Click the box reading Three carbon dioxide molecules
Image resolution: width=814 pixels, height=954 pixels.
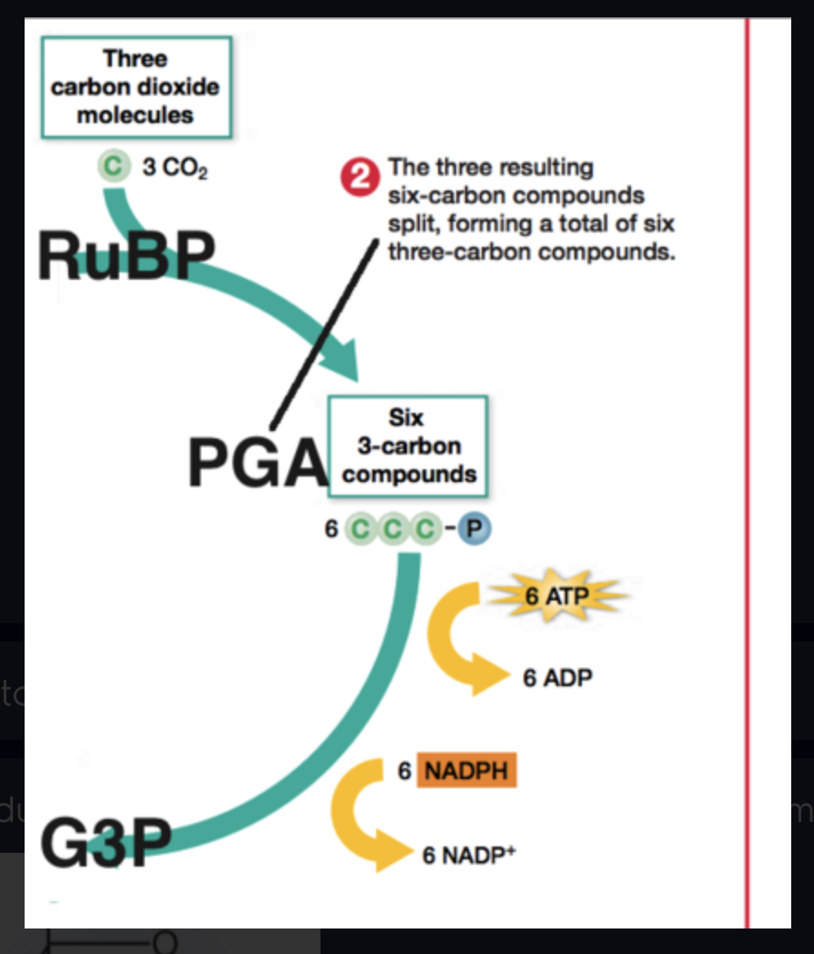point(136,87)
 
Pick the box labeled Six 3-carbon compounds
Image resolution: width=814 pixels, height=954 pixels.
point(408,446)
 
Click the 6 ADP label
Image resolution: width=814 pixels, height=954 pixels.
point(557,679)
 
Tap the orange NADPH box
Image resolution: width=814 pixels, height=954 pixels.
point(469,771)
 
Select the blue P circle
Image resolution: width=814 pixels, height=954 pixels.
point(473,529)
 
